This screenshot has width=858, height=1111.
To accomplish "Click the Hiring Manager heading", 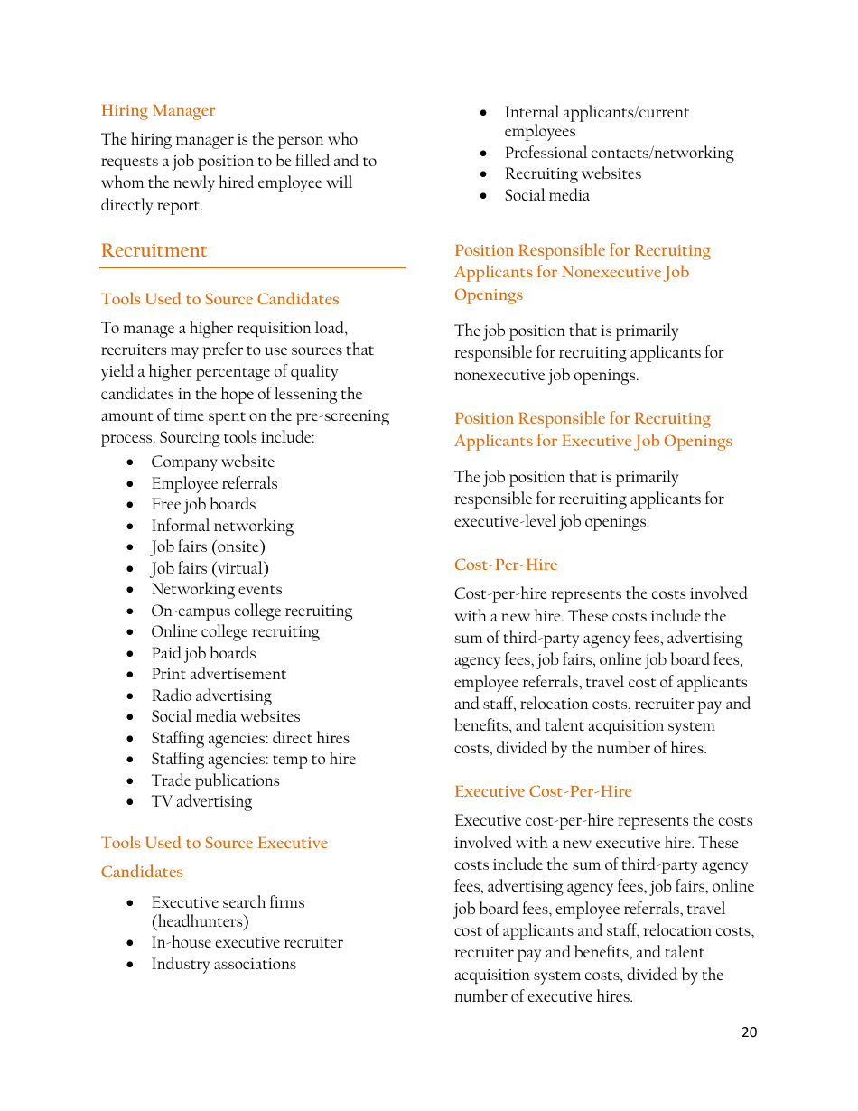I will click(x=158, y=110).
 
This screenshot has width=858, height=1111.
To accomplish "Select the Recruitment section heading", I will click(x=154, y=250).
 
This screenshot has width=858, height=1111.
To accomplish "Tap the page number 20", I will click(x=749, y=1032).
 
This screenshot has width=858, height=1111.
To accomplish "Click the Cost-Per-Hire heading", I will click(x=506, y=565).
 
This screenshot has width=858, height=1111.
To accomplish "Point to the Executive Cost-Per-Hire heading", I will click(x=543, y=791).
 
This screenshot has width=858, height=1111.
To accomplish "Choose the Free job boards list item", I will click(x=203, y=504).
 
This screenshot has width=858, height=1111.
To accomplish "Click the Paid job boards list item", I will click(x=203, y=653).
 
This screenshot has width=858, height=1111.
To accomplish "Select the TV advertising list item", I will click(x=201, y=801).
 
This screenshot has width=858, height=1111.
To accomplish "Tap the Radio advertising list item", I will click(x=211, y=696).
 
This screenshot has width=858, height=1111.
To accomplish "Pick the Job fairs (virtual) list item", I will click(x=210, y=568).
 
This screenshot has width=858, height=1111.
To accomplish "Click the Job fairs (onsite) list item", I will click(x=208, y=546).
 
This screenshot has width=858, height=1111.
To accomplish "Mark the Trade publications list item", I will click(x=215, y=780).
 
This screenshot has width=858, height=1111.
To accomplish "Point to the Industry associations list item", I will click(x=223, y=964).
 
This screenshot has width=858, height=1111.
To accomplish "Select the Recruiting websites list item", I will click(x=573, y=173).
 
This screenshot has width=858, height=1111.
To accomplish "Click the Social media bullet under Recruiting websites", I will click(x=546, y=195).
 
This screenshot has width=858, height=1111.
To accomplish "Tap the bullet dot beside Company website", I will click(x=131, y=462).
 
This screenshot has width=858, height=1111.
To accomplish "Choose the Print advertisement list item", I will click(x=219, y=674).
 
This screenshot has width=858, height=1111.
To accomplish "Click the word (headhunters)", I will click(x=200, y=921).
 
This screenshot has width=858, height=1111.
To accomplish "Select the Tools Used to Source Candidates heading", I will click(x=219, y=299).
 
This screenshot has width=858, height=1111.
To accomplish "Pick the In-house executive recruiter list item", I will click(x=247, y=942).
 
